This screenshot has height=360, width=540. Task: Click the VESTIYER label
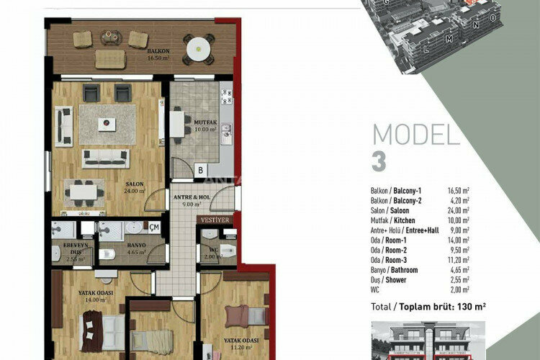point(215,220)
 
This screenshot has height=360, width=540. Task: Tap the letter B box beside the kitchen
point(199,171)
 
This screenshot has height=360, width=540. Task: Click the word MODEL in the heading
point(415,135)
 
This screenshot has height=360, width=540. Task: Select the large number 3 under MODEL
point(379,162)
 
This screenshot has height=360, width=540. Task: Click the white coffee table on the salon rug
point(107,124)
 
